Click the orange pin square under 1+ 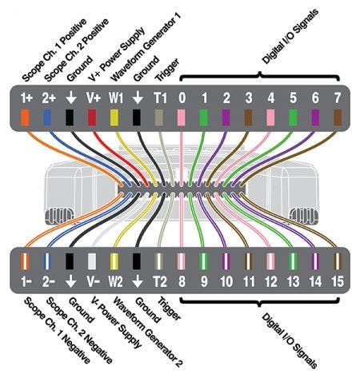[25, 117]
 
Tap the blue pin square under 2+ [47, 117]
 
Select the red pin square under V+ [92, 117]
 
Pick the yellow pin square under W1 [114, 117]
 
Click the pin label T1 [160, 98]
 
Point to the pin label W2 [115, 281]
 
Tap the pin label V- [93, 281]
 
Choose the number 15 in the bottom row [338, 281]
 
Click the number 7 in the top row [338, 98]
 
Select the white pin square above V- [92, 261]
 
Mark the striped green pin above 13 [293, 261]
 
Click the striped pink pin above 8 [182, 261]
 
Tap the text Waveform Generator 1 [146, 47]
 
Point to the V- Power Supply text [116, 322]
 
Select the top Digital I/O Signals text [290, 37]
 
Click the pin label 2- [49, 281]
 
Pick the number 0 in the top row [182, 98]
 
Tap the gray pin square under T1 [159, 117]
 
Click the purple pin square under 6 [315, 117]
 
